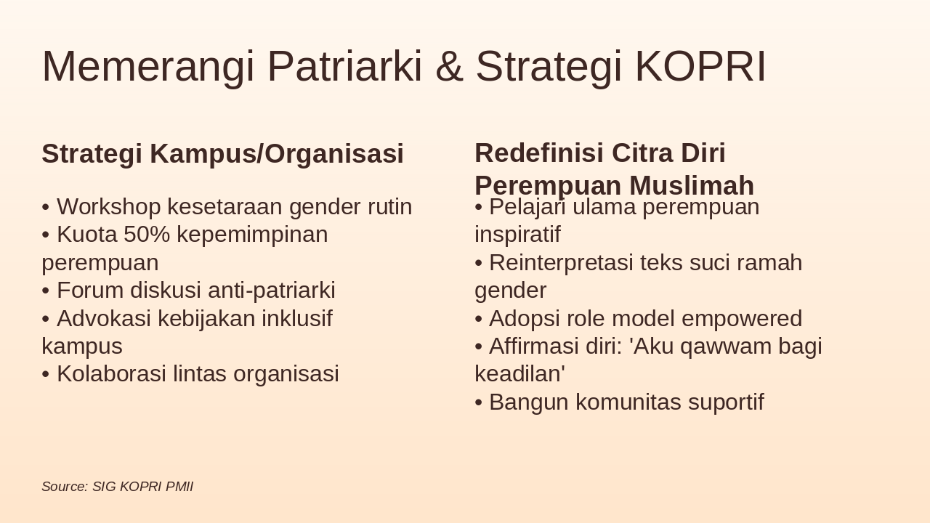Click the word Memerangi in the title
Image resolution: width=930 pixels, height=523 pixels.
click(x=148, y=67)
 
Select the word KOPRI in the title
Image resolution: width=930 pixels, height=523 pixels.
click(x=700, y=67)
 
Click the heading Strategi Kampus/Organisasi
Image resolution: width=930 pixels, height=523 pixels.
click(x=222, y=154)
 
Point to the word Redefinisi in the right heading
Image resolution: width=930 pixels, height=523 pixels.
click(x=538, y=153)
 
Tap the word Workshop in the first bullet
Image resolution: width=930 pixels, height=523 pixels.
click(x=109, y=207)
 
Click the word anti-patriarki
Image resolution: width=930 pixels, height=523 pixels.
click(x=272, y=291)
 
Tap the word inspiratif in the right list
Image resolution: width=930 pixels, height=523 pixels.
click(x=517, y=235)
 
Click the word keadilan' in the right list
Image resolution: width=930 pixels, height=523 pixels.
click(x=519, y=374)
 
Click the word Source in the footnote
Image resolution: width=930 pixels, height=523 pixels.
click(x=64, y=487)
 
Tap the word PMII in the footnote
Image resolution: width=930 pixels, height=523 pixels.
click(x=179, y=487)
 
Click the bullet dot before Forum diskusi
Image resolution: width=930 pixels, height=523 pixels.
click(x=46, y=291)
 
